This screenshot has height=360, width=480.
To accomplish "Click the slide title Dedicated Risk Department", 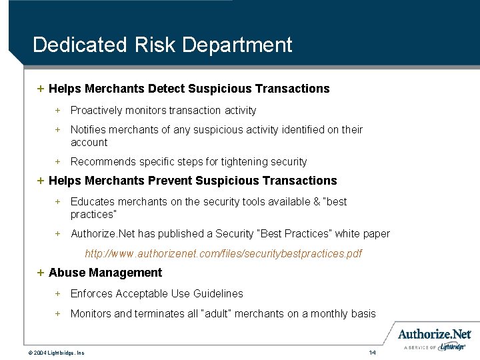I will (162, 45).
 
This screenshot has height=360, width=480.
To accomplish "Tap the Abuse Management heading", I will (105, 273).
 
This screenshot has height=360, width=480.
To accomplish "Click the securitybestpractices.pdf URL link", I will (223, 254).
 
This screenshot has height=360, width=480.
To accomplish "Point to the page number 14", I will (373, 351).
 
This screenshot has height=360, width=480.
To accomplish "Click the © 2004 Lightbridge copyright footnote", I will (56, 352).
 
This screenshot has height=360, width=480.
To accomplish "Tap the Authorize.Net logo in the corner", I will (435, 335).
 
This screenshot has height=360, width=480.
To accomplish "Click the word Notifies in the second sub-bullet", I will (89, 129).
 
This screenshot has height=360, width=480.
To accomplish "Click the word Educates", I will (92, 201).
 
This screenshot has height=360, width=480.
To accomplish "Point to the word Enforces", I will (92, 293).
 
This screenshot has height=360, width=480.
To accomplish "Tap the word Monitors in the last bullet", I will (91, 313).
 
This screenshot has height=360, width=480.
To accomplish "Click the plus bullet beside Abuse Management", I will (41, 273).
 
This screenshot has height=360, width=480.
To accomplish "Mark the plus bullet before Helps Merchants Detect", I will (41, 89).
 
